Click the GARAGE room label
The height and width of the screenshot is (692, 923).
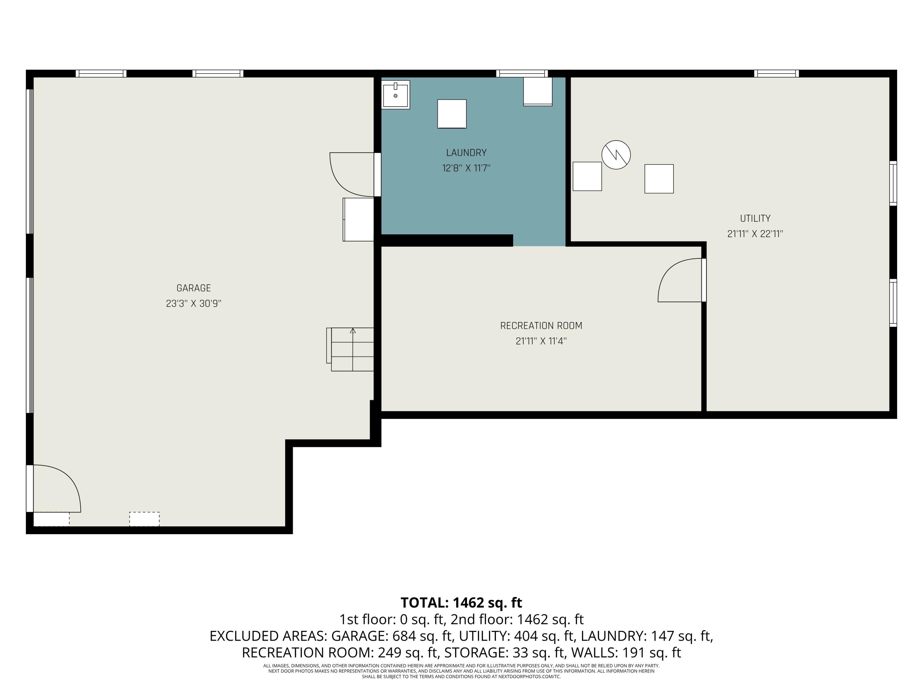(194, 288)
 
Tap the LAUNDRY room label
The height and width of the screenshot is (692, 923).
(466, 153)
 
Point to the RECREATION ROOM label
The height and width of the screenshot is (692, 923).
(541, 326)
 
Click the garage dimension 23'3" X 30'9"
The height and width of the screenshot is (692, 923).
(194, 304)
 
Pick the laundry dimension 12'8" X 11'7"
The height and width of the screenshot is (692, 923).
(466, 169)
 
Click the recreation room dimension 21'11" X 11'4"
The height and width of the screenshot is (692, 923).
(541, 341)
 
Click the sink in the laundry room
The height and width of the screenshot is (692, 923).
(396, 95)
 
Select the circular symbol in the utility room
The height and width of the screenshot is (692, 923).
(616, 155)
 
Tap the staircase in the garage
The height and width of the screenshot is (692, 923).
(350, 350)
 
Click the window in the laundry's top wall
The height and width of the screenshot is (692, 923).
(522, 74)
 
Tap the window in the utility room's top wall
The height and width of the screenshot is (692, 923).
(777, 74)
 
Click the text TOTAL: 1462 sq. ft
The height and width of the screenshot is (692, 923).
(461, 603)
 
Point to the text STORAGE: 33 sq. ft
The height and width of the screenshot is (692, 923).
(504, 652)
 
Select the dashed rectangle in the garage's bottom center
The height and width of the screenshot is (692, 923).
(144, 519)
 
